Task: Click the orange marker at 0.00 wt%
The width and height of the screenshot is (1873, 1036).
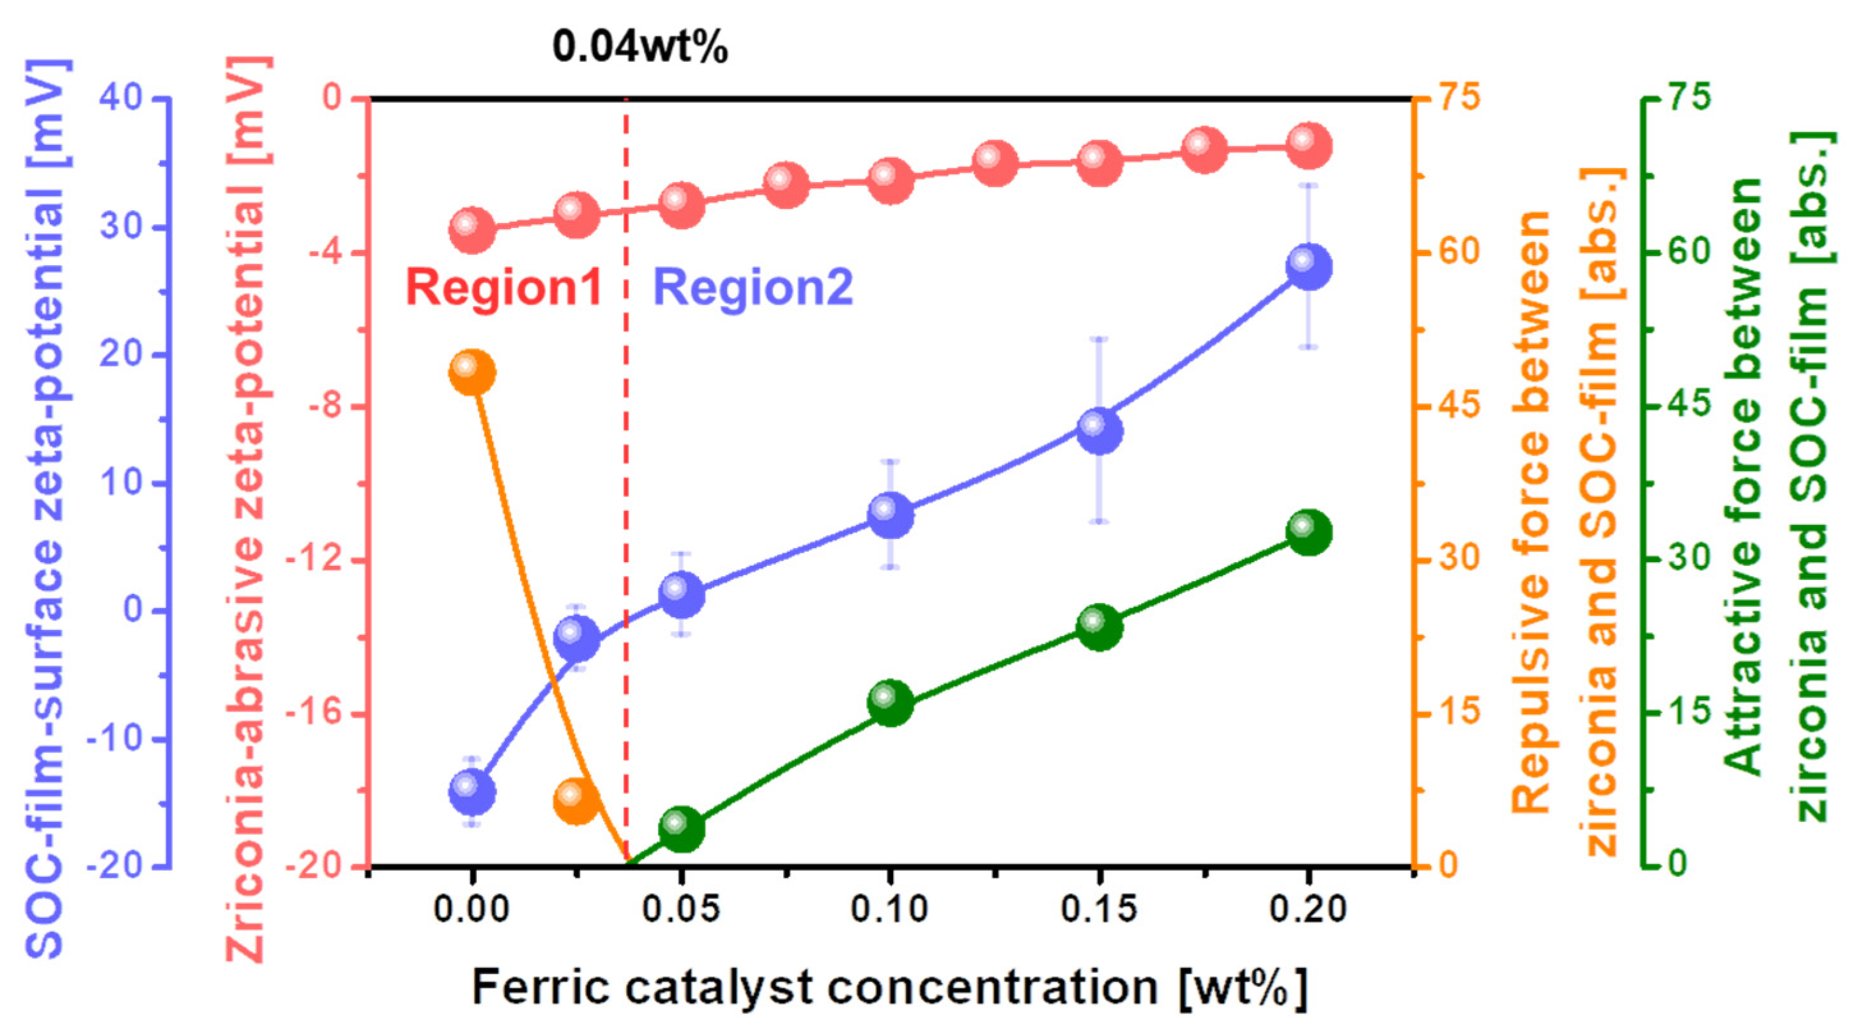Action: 473,372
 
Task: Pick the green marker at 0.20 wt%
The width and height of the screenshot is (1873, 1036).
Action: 1309,531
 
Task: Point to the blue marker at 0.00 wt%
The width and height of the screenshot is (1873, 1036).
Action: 473,792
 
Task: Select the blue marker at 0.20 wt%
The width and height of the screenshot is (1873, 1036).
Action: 1309,267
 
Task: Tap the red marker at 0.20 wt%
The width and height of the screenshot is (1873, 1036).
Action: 1309,146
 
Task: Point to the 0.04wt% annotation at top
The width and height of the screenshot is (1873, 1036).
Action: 640,48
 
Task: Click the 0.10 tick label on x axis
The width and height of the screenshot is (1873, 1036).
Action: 889,910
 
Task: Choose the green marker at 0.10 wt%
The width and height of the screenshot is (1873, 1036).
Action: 890,703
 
